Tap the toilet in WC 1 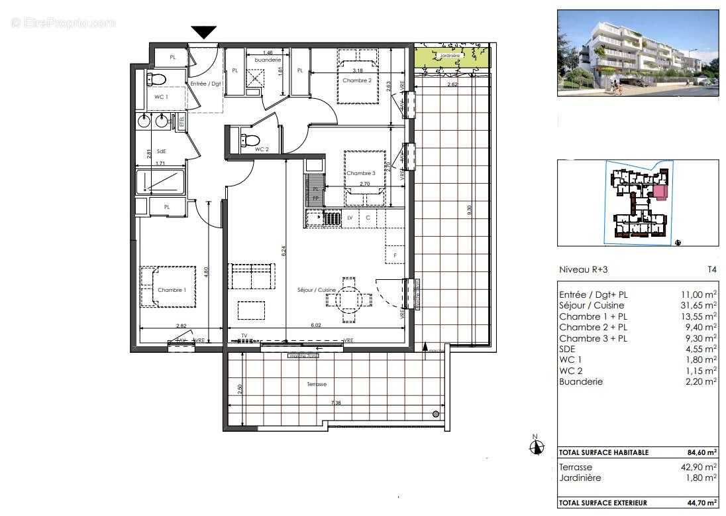157,80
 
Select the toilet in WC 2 250,140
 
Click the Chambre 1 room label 172,290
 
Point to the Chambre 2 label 356,80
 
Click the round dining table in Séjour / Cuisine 348,300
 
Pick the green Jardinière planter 453,58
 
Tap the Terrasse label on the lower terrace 316,384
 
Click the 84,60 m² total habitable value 701,452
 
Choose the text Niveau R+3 583,270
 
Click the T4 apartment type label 711,270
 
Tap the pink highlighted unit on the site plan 660,192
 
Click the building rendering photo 638,53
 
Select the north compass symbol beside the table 537,447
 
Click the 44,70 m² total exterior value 701,503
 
